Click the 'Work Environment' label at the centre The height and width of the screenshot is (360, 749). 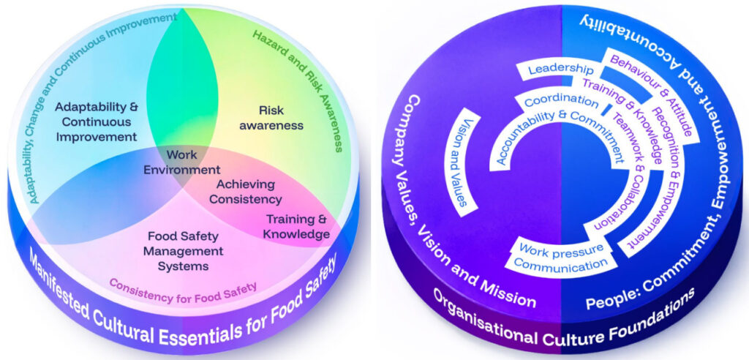pyautogui.click(x=182, y=162)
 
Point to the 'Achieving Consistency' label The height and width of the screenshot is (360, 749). pyautogui.click(x=246, y=191)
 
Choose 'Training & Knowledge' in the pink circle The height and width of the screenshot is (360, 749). pyautogui.click(x=297, y=227)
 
